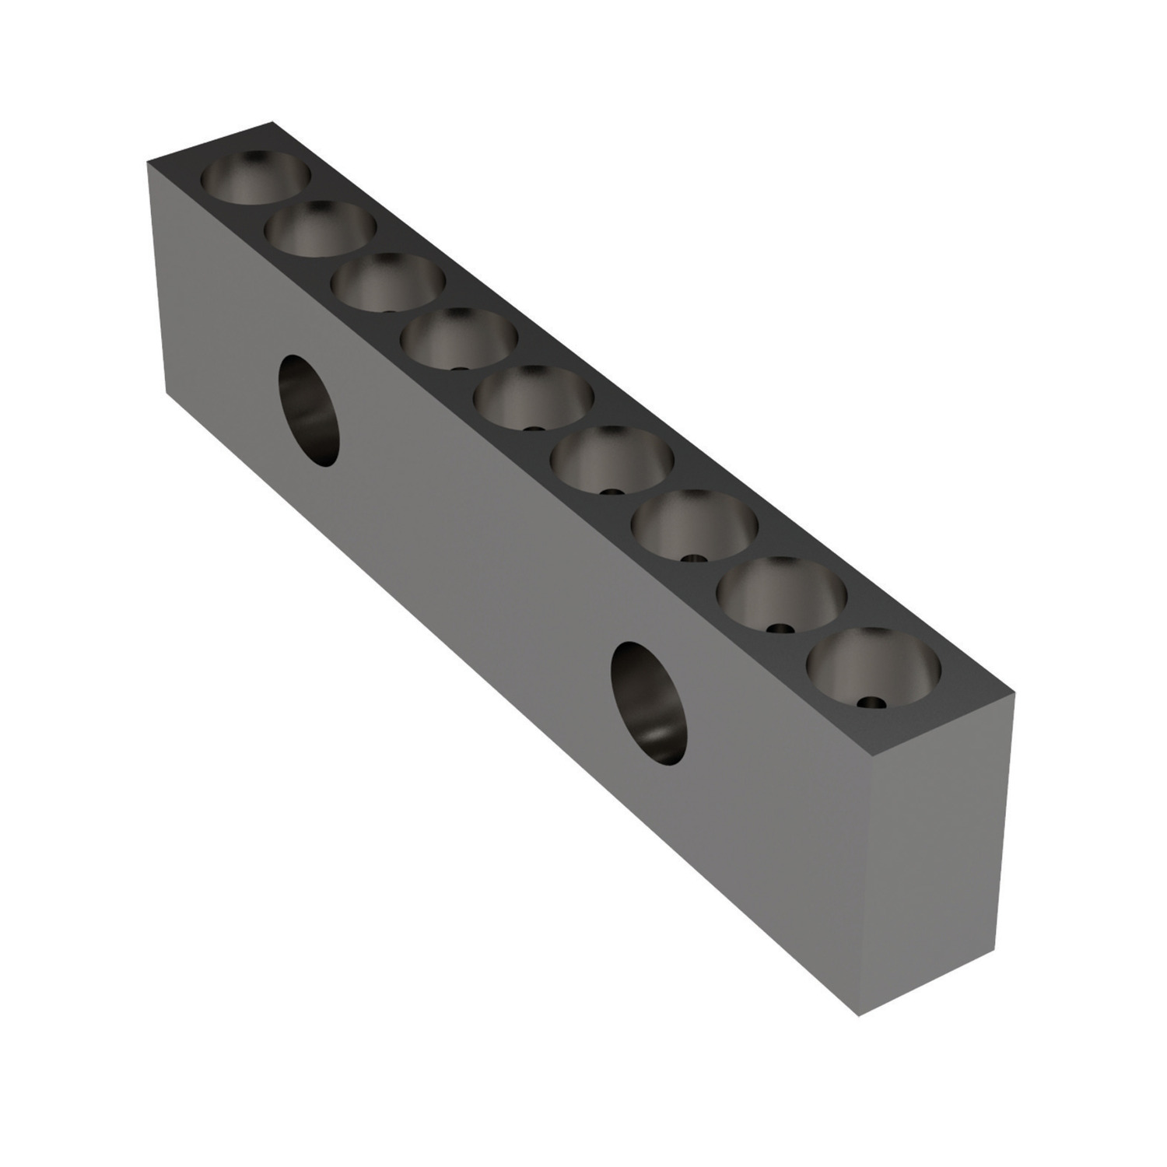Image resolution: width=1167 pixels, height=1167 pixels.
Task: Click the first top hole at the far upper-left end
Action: point(255,178)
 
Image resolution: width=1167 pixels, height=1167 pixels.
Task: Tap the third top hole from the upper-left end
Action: point(389,281)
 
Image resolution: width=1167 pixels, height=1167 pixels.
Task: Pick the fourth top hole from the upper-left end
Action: point(460,337)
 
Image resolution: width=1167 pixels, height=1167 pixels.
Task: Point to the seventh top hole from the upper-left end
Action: point(694,524)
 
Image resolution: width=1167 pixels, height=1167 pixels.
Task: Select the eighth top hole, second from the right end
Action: point(780,594)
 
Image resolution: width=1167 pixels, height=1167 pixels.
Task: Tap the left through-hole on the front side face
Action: point(309,411)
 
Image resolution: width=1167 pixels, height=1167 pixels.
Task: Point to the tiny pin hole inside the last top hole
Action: point(873,703)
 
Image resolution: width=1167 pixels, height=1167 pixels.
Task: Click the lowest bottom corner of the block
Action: point(859,1015)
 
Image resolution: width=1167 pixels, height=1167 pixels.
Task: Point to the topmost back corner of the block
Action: point(273,122)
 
